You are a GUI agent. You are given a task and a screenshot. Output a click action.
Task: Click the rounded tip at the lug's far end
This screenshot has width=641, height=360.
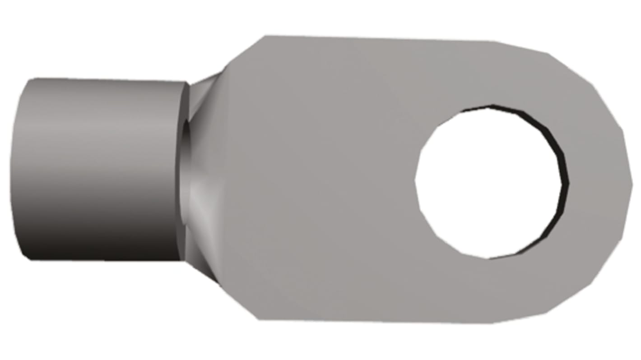pyautogui.click(x=625, y=180)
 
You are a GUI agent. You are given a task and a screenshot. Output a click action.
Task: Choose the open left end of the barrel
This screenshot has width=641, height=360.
pyautogui.click(x=18, y=169)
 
